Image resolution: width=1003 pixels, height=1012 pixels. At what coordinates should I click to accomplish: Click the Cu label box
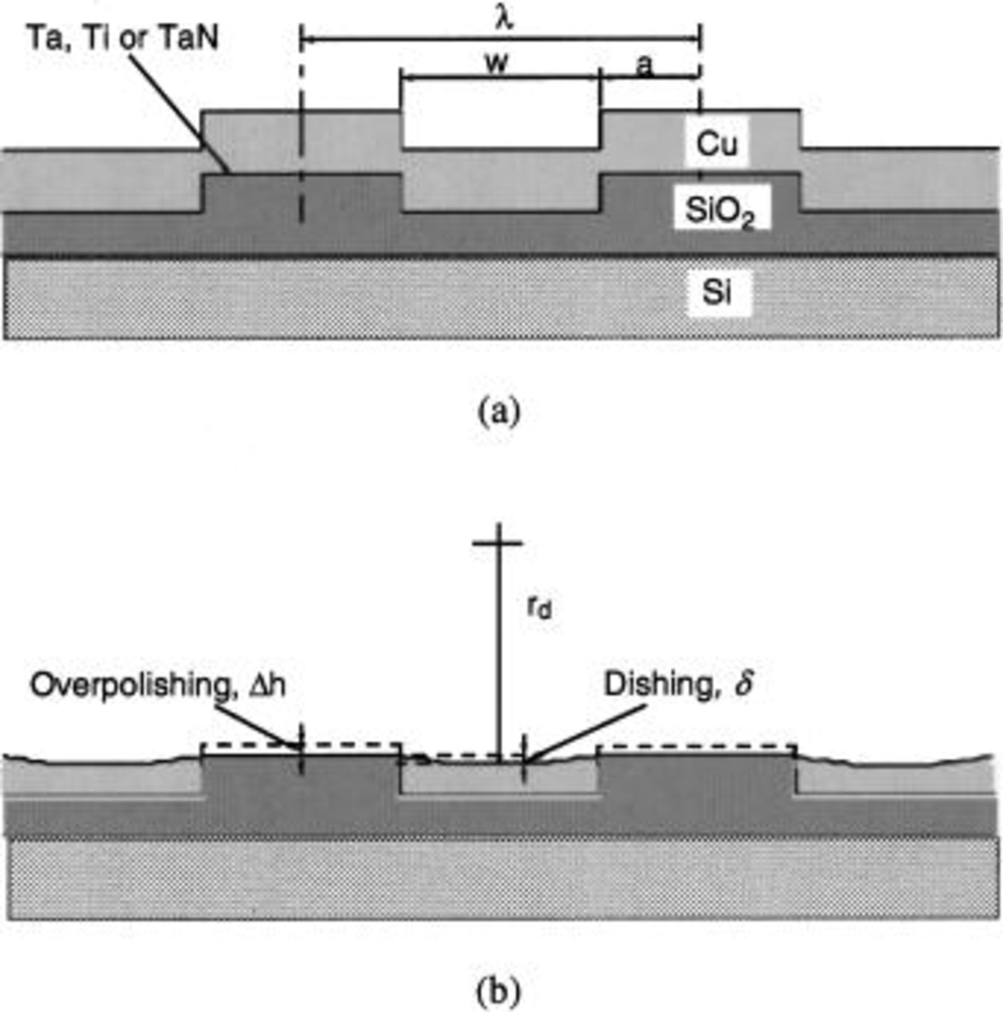(x=716, y=143)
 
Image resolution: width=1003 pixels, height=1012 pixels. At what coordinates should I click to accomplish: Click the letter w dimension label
(x=497, y=63)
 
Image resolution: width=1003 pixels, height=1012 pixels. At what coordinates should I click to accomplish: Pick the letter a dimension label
(x=645, y=66)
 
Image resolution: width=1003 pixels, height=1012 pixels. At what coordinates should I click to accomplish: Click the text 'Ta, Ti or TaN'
(x=123, y=38)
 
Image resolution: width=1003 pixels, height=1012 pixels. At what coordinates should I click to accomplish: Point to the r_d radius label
(x=539, y=608)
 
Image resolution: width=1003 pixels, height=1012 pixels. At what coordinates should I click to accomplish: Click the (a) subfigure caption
(x=499, y=412)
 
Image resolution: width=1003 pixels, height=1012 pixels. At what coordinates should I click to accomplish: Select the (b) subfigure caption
(x=499, y=993)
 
